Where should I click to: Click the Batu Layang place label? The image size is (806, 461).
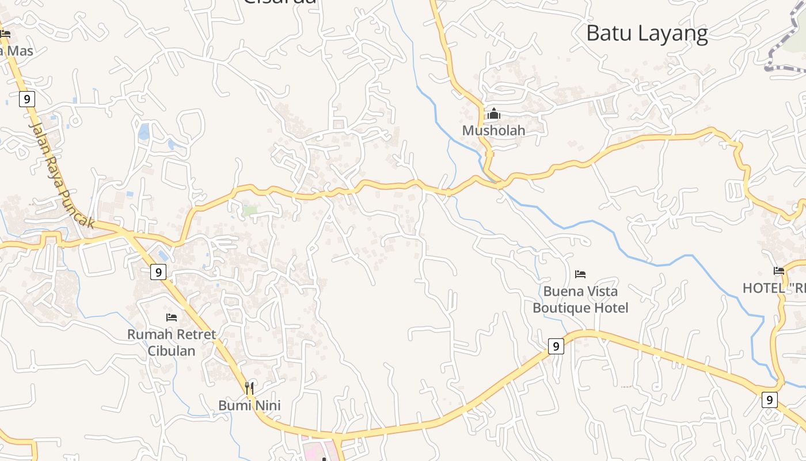[647, 33]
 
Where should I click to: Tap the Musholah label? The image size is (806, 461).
[493, 130]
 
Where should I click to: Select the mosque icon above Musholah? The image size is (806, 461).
[493, 114]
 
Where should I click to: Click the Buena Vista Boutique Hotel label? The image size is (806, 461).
[580, 299]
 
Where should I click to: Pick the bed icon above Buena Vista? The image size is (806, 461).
[580, 274]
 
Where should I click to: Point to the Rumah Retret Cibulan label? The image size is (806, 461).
[172, 342]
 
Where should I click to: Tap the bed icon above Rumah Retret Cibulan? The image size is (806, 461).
[172, 318]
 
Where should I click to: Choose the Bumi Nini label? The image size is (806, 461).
[249, 406]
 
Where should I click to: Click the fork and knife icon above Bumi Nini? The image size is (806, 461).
[249, 388]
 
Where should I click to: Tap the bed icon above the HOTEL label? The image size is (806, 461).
[779, 271]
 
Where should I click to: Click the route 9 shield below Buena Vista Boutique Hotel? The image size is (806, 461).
[555, 346]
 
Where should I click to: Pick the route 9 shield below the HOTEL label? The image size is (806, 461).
[769, 399]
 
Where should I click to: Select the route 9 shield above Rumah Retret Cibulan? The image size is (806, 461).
[158, 271]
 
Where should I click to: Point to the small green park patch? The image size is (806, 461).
[249, 211]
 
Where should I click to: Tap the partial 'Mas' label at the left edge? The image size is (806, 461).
[17, 51]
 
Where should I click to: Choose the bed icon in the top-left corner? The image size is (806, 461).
[5, 34]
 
